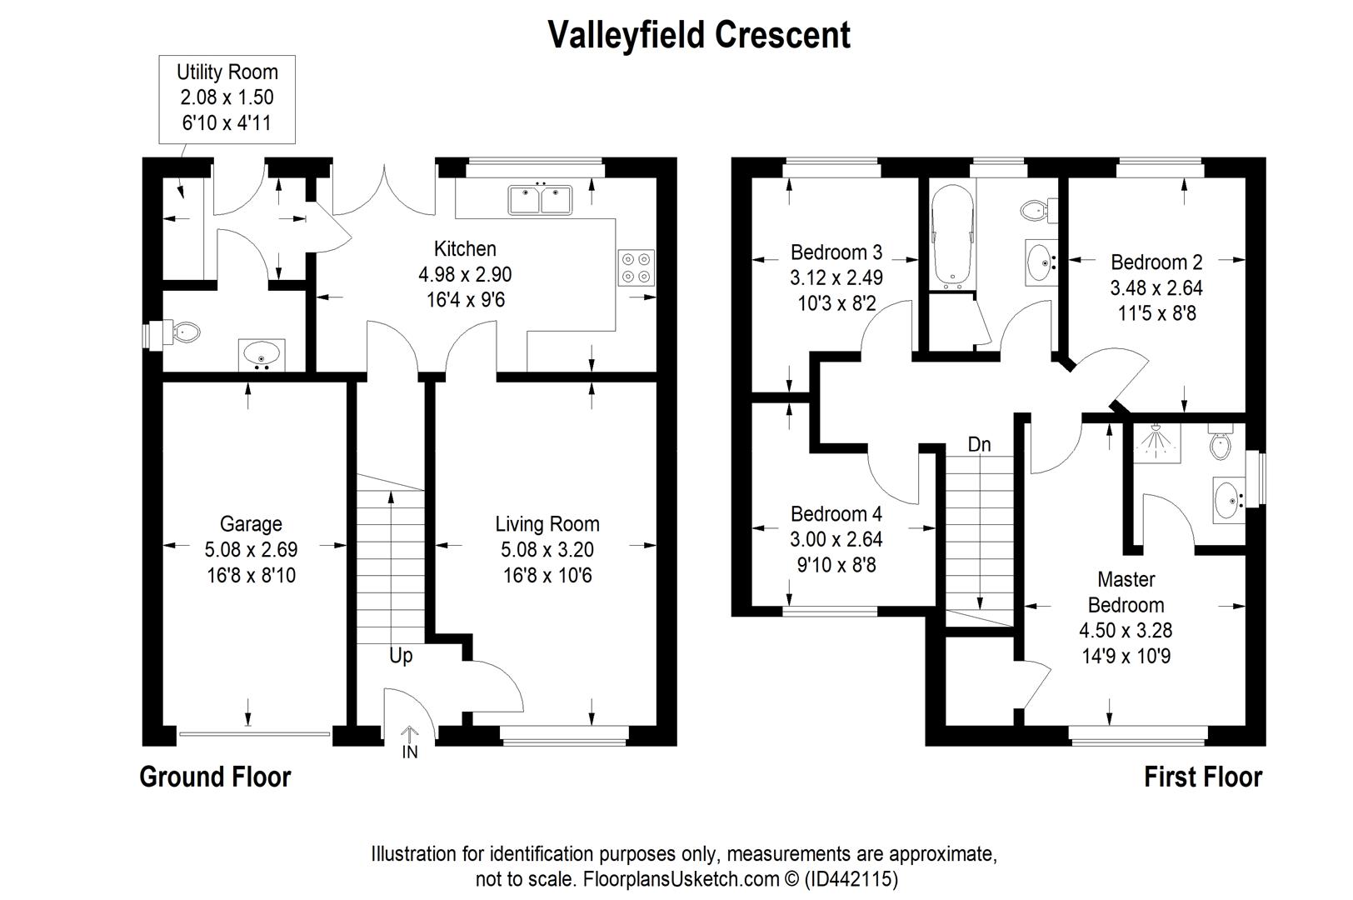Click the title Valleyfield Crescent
699,35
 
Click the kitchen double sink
540,199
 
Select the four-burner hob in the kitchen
636,267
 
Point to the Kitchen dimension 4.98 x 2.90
465,275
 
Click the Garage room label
251,523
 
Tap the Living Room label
547,523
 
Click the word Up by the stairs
401,657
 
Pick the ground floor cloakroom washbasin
262,355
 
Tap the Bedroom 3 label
836,252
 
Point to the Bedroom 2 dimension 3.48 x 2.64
1156,288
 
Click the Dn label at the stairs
979,444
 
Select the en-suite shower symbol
1156,442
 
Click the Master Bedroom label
1126,592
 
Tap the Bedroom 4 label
836,514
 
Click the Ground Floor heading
215,777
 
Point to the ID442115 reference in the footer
851,879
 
